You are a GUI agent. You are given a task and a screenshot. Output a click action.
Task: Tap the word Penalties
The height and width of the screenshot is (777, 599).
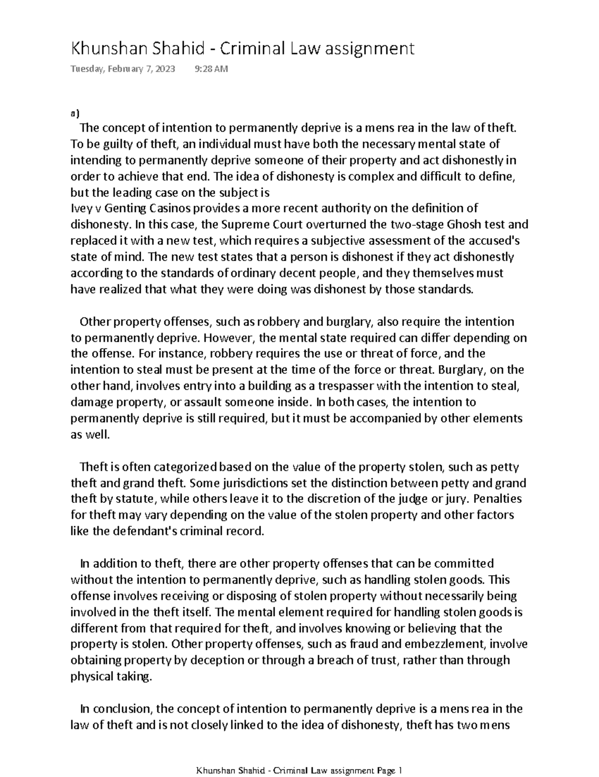pyautogui.click(x=497, y=499)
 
